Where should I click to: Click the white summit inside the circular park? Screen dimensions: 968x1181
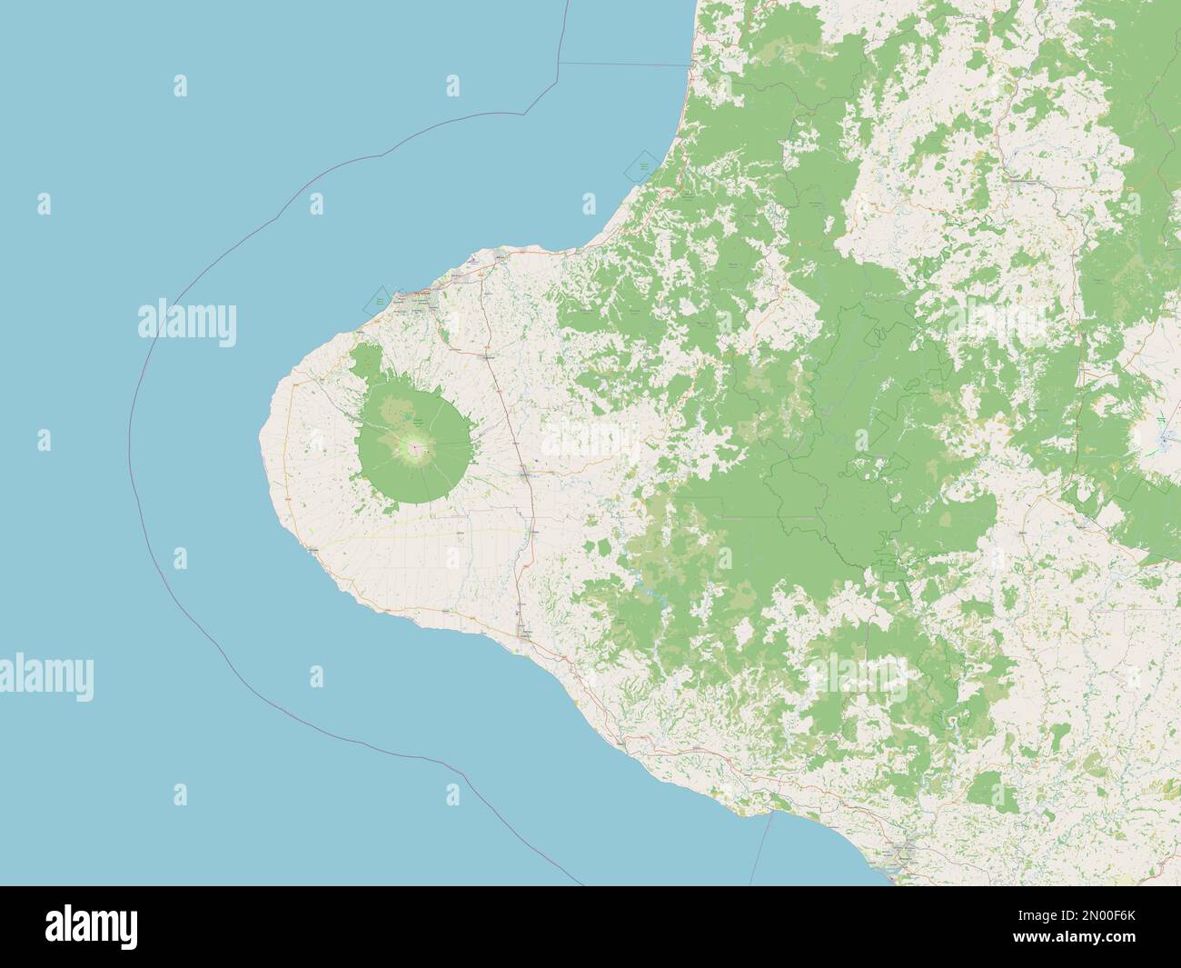pos(416,447)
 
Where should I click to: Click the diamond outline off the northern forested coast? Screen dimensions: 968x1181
pos(643,166)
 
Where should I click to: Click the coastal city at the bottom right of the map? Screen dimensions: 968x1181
pos(902,855)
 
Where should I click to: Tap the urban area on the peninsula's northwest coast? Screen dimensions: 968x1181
pos(421,296)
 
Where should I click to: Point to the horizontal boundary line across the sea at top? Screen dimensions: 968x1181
pos(622,65)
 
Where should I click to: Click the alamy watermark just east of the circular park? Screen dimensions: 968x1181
pos(590,442)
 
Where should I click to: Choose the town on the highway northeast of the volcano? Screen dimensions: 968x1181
pos(488,357)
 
